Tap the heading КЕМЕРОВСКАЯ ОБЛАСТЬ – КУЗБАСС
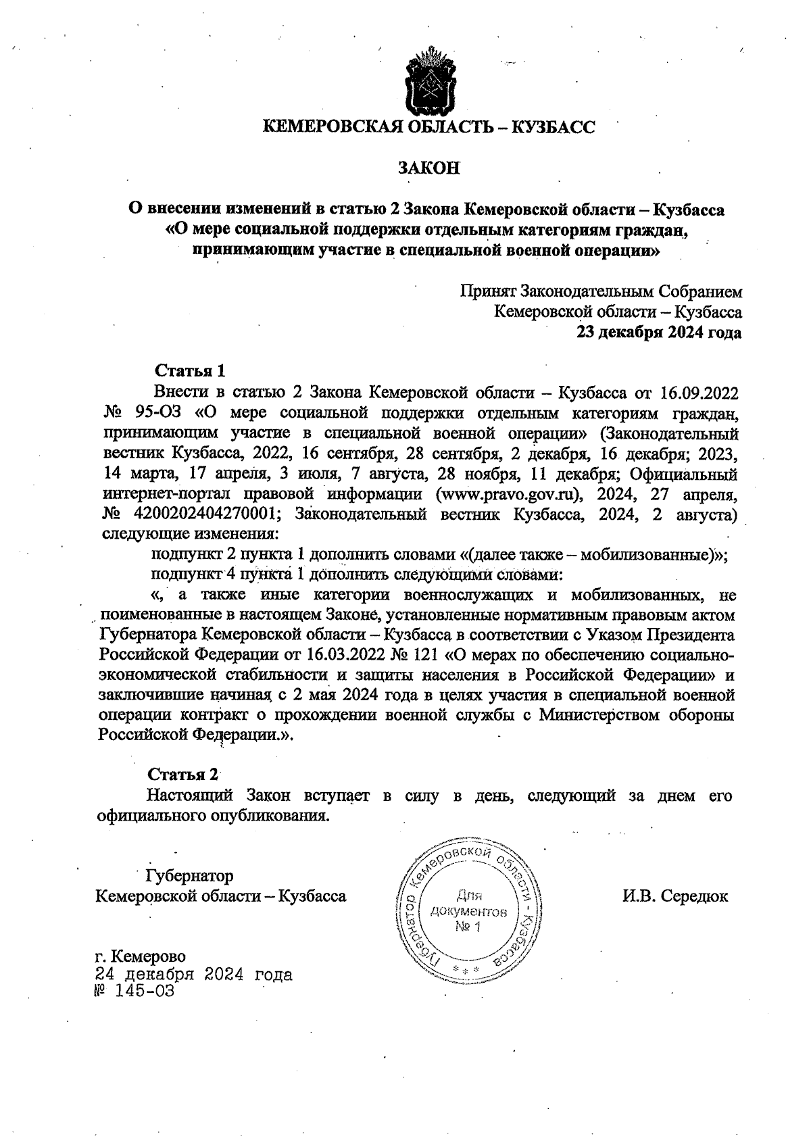[x=428, y=126]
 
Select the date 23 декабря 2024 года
[x=658, y=333]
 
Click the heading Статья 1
[x=190, y=371]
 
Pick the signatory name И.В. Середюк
[x=675, y=896]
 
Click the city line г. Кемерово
[x=140, y=956]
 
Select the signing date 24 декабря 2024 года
[x=194, y=975]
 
